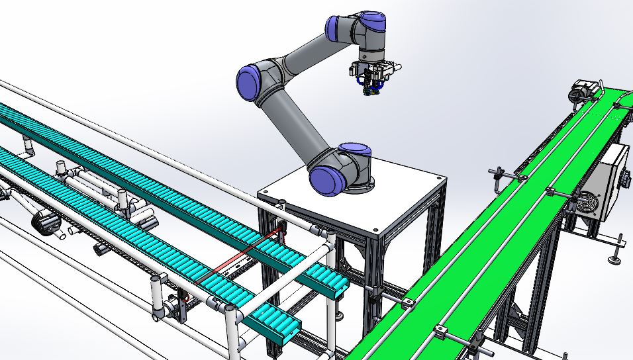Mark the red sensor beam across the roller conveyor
point(238,258)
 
